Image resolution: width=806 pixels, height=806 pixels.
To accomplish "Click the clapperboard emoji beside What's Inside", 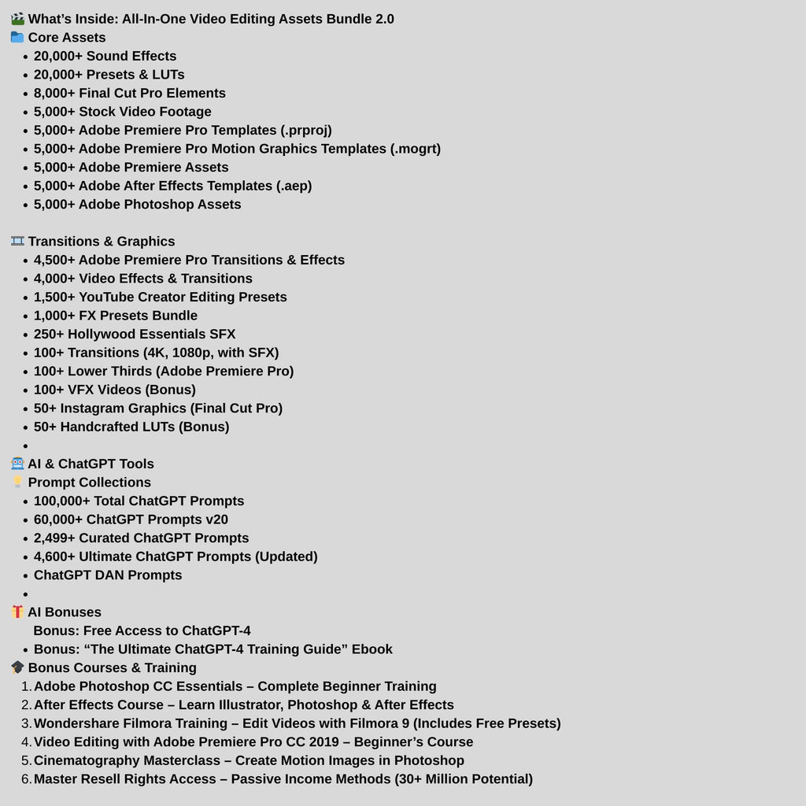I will click(x=17, y=19).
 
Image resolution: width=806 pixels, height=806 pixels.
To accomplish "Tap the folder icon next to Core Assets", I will click(x=17, y=37).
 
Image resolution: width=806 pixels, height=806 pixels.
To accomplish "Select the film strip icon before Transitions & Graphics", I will click(x=17, y=241).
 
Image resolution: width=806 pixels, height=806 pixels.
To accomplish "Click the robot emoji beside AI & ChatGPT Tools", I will click(x=17, y=464).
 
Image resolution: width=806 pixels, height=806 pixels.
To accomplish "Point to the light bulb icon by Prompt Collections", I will click(x=17, y=482).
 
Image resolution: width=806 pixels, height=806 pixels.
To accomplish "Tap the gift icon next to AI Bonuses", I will click(x=17, y=612).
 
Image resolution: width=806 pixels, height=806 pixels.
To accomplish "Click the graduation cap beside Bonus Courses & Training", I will click(x=17, y=667).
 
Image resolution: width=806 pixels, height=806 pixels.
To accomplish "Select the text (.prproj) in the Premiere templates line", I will click(x=306, y=130).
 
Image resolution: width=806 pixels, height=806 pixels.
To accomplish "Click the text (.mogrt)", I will click(x=415, y=149).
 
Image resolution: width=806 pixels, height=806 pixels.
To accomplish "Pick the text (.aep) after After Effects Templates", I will click(x=294, y=186).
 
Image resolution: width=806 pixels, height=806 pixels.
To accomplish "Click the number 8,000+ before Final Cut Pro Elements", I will click(x=54, y=93).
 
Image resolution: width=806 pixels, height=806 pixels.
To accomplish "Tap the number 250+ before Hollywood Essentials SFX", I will click(x=49, y=334).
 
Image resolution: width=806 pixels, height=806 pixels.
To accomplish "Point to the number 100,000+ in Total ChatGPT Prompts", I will click(x=61, y=501).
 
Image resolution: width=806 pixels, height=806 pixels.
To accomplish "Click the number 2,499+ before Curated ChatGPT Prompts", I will click(x=54, y=538).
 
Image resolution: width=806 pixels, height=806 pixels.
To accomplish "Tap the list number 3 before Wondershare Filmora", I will click(x=26, y=723).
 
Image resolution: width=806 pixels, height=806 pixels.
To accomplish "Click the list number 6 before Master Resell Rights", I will click(x=26, y=779).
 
